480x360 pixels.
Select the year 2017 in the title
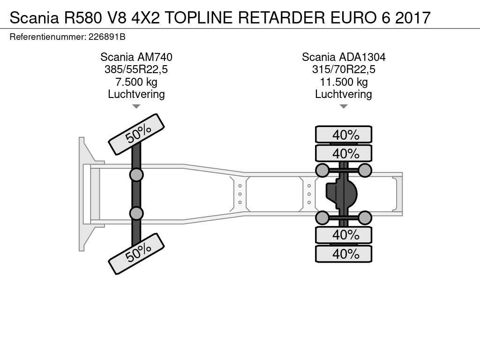[x=412, y=17]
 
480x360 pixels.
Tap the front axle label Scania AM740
[x=136, y=57]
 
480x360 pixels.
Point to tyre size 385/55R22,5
[x=136, y=70]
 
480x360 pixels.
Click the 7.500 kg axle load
[x=136, y=82]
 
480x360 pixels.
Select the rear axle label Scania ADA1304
[x=344, y=57]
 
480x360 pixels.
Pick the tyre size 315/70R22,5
[x=344, y=70]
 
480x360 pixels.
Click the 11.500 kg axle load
[x=344, y=82]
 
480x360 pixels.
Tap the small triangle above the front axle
[x=136, y=106]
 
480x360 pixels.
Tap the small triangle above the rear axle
[x=344, y=106]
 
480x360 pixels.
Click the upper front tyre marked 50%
[x=136, y=134]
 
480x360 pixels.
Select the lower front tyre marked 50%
[x=136, y=254]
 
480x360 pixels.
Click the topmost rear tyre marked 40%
[x=344, y=135]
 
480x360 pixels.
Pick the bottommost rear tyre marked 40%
[x=344, y=254]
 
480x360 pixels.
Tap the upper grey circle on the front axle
[x=136, y=175]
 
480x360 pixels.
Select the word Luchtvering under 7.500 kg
[x=136, y=94]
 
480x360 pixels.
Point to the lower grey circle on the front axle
[x=136, y=213]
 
